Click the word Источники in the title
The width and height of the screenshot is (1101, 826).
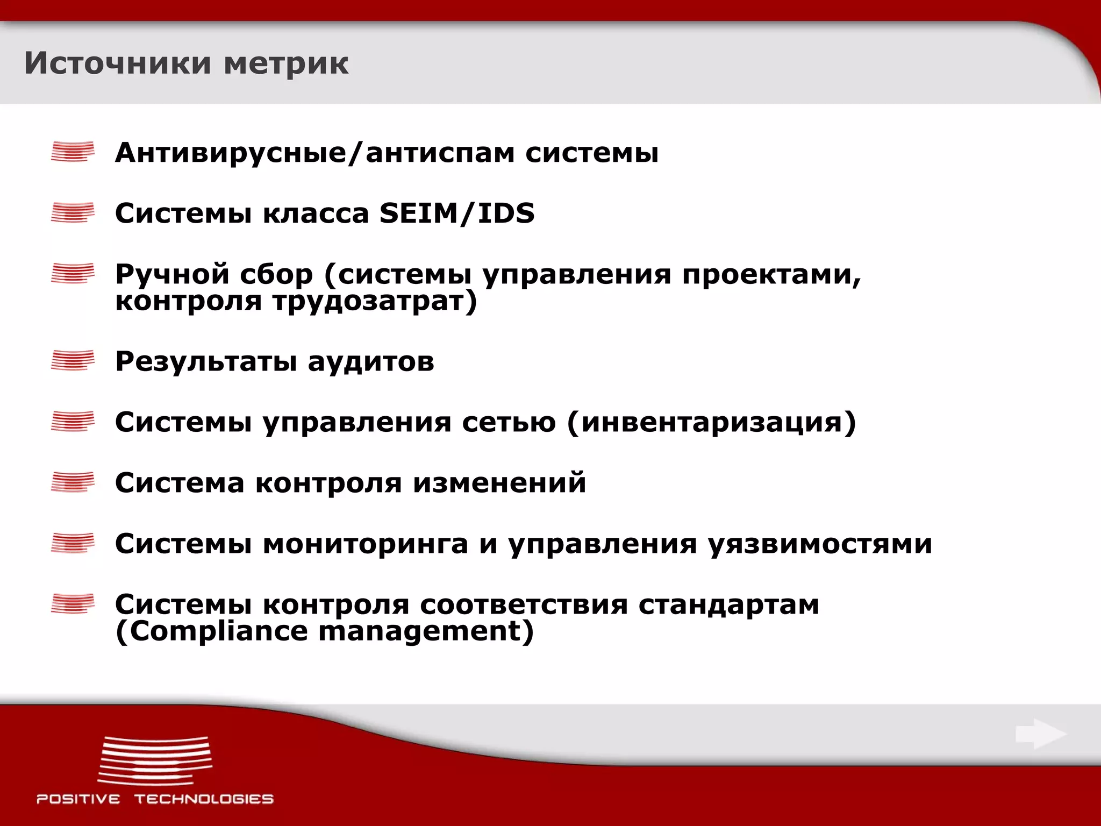[x=118, y=63]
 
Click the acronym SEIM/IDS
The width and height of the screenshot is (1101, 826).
[x=457, y=213]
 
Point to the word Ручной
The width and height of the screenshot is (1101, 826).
[x=171, y=274]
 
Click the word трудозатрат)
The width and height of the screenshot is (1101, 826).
[x=374, y=301]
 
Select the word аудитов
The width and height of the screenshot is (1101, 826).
[x=371, y=361]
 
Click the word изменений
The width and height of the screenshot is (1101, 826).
[x=499, y=482]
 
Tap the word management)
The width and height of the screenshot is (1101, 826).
[x=426, y=632]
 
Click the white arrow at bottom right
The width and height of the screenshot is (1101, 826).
[x=1040, y=734]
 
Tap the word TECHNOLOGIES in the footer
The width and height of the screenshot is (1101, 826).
[x=204, y=799]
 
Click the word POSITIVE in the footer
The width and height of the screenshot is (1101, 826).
[x=78, y=799]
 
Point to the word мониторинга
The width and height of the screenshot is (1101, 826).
[x=366, y=544]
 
